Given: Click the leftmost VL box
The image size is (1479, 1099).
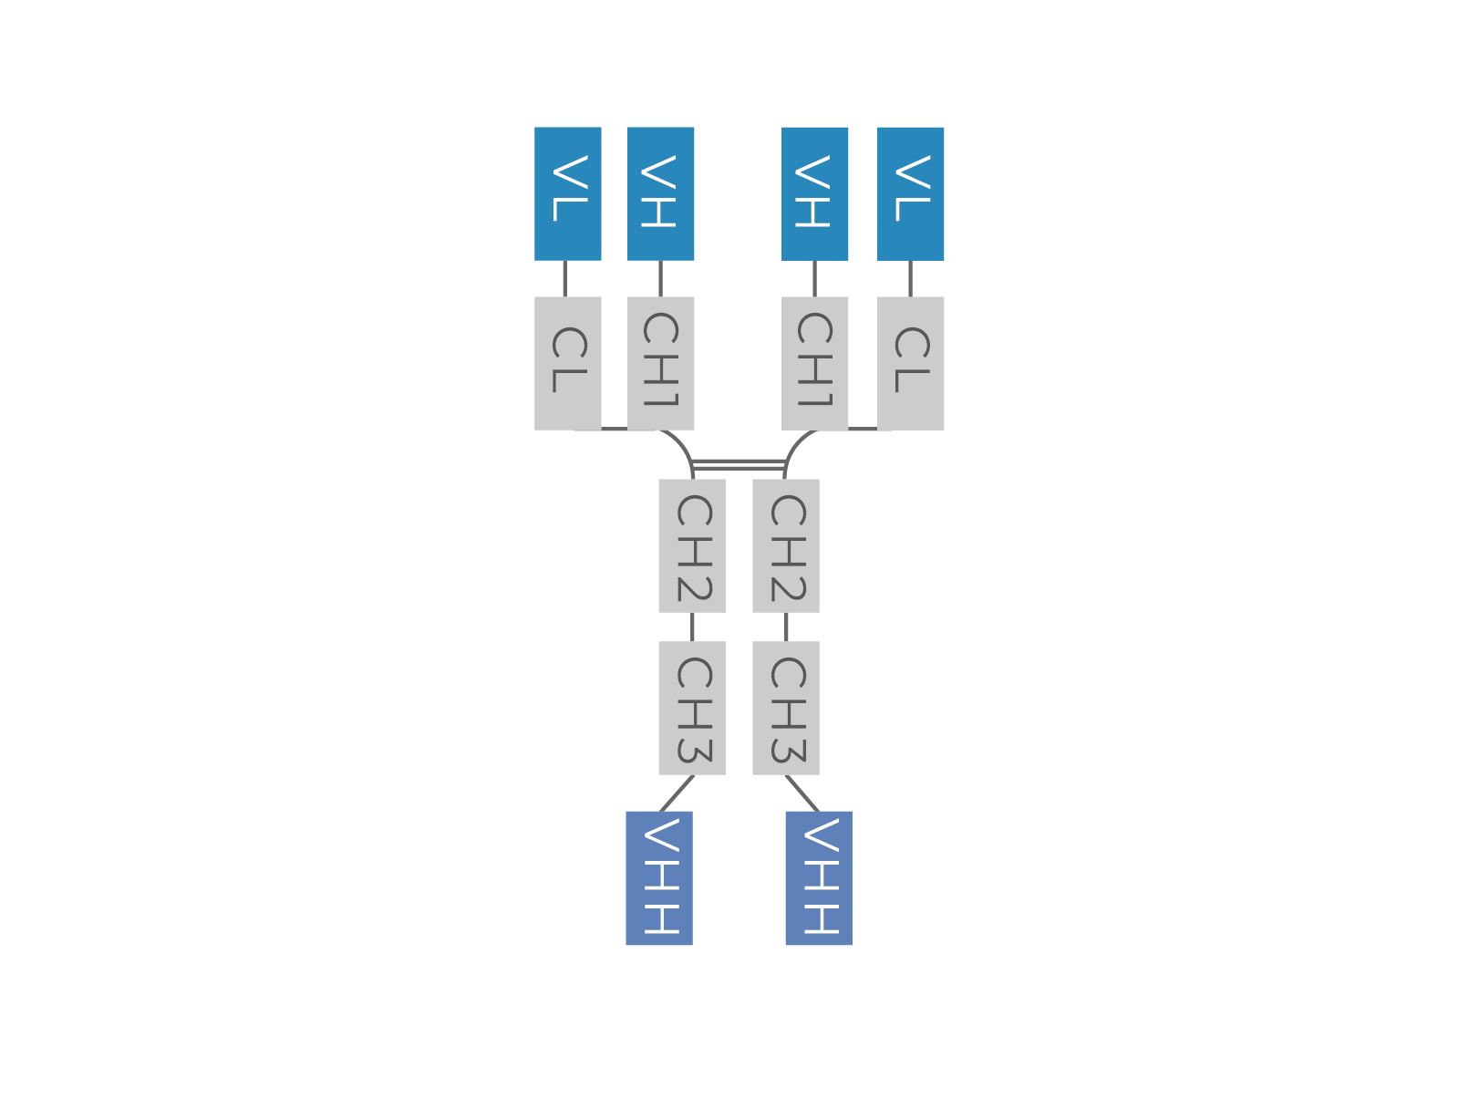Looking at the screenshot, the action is pyautogui.click(x=567, y=193).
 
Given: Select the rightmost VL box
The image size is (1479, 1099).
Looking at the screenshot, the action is pyautogui.click(x=910, y=193).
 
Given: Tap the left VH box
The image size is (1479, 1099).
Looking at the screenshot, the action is pyautogui.click(x=660, y=193).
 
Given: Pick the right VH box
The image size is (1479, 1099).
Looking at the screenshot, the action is pyautogui.click(x=814, y=193).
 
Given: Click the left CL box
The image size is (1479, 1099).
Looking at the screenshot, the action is pyautogui.click(x=567, y=364).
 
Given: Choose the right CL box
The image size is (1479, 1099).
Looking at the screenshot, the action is pyautogui.click(x=910, y=364).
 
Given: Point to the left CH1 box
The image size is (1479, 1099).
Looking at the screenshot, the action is pyautogui.click(x=660, y=364).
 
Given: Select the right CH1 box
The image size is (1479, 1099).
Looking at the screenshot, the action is pyautogui.click(x=814, y=364).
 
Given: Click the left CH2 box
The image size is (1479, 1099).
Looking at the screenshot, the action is pyautogui.click(x=692, y=545).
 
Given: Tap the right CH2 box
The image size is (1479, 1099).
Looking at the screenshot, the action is pyautogui.click(x=785, y=545).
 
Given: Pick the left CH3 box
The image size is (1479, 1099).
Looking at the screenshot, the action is pyautogui.click(x=692, y=708).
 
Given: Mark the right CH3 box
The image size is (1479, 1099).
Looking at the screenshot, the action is pyautogui.click(x=785, y=708).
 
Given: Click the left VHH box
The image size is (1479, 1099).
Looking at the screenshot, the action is pyautogui.click(x=659, y=878).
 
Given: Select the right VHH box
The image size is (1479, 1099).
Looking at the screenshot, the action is pyautogui.click(x=819, y=878).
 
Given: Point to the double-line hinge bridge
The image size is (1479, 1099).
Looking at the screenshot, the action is pyautogui.click(x=739, y=465).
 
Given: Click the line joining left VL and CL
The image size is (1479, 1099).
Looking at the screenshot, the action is pyautogui.click(x=565, y=279).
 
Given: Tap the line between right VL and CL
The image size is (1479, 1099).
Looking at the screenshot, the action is pyautogui.click(x=910, y=279).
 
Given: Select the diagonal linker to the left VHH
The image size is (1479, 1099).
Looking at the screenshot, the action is pyautogui.click(x=677, y=793).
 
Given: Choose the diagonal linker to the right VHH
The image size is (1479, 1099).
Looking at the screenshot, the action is pyautogui.click(x=802, y=793).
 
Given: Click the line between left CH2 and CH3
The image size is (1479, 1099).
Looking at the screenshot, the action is pyautogui.click(x=692, y=627).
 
